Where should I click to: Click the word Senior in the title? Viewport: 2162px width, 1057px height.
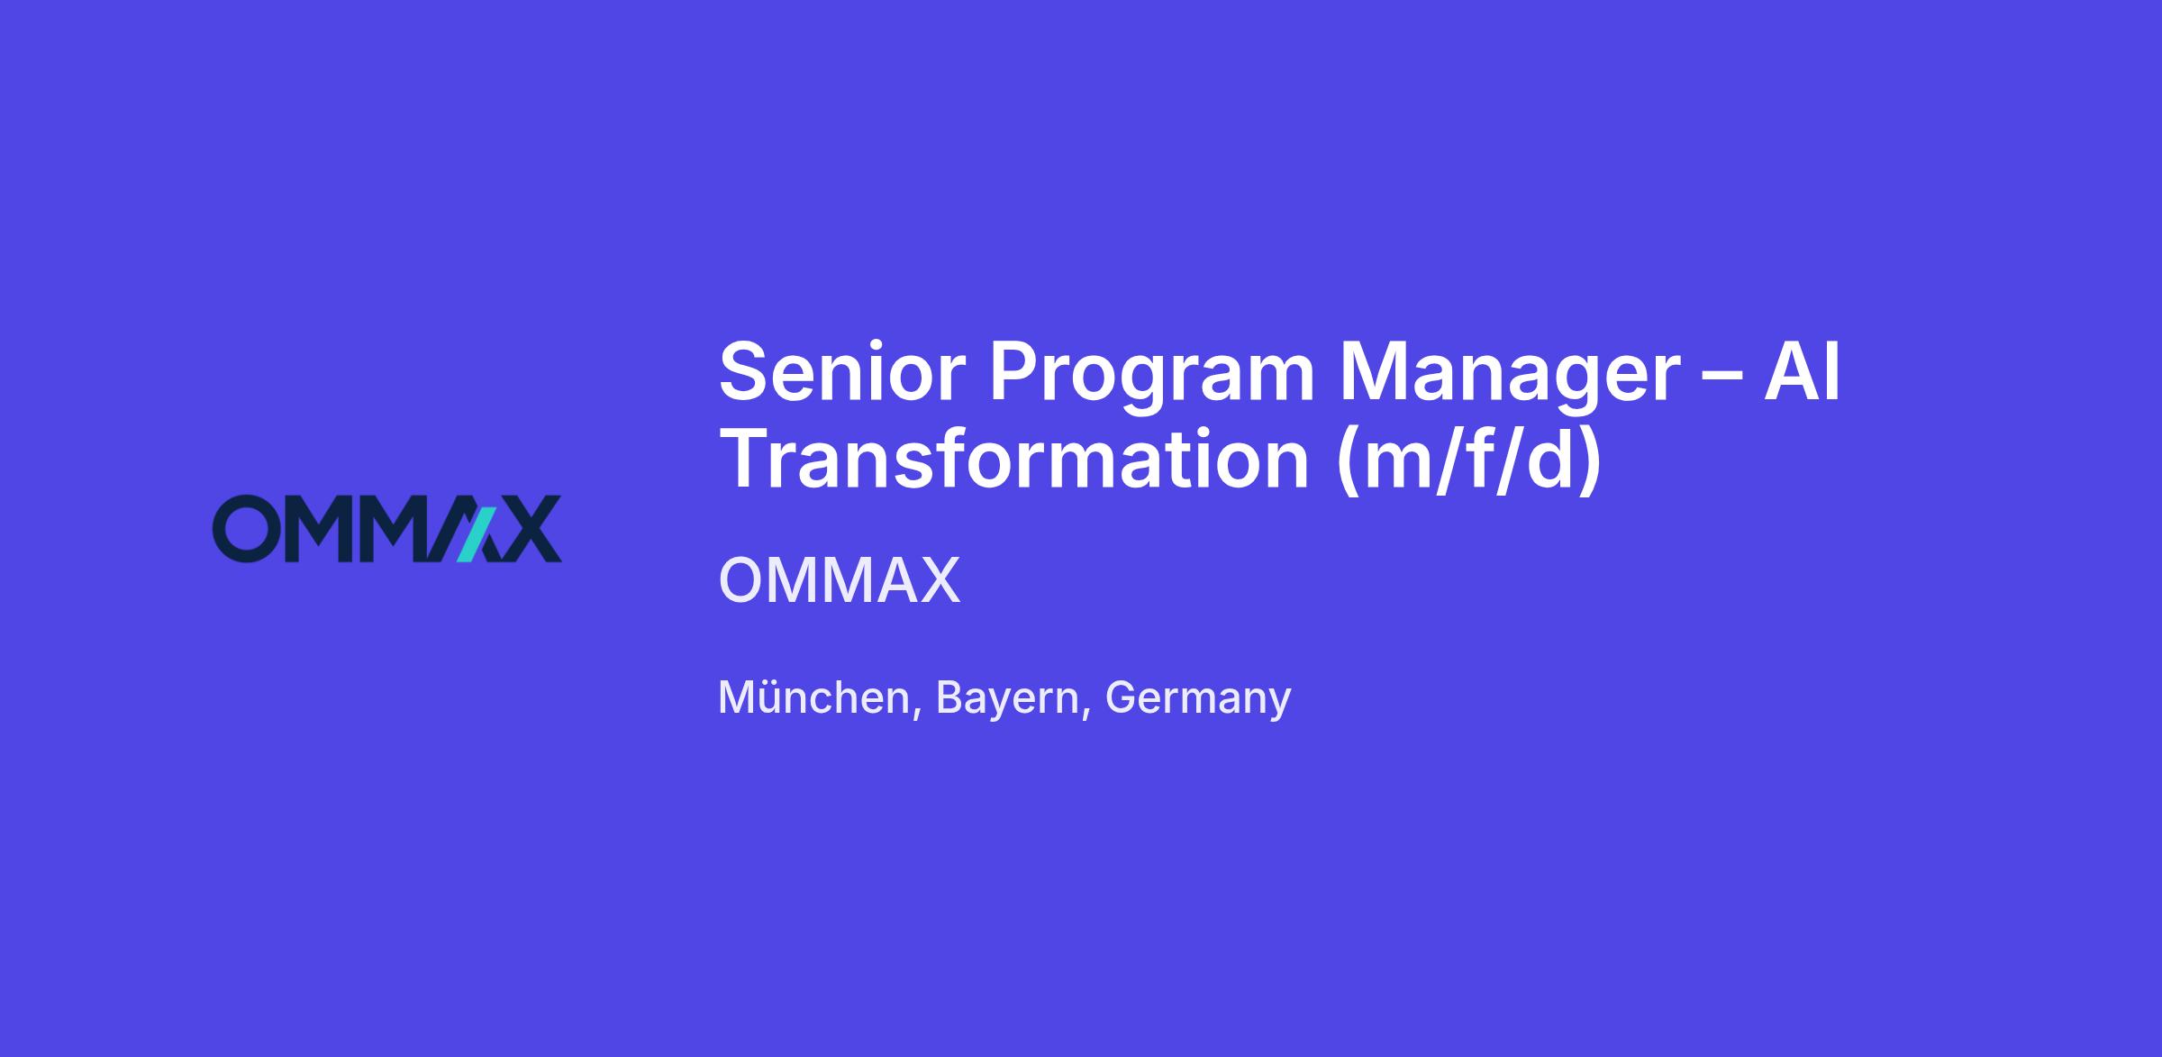pos(842,372)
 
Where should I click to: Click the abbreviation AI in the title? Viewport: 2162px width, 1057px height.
pos(1802,372)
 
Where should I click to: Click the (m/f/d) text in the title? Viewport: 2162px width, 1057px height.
pos(1469,460)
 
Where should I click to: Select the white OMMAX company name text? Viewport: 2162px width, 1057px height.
pos(840,580)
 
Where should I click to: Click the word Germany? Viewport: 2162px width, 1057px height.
pos(1198,699)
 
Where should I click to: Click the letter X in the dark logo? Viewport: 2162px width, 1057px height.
pos(526,528)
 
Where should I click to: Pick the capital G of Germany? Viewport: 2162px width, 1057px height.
pos(1122,697)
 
